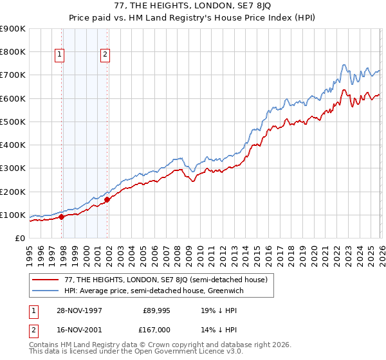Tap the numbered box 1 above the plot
59,55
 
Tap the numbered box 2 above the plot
104,55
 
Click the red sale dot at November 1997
62,217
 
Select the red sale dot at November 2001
107,199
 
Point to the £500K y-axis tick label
12,122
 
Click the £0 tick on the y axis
21,239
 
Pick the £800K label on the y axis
12,51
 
